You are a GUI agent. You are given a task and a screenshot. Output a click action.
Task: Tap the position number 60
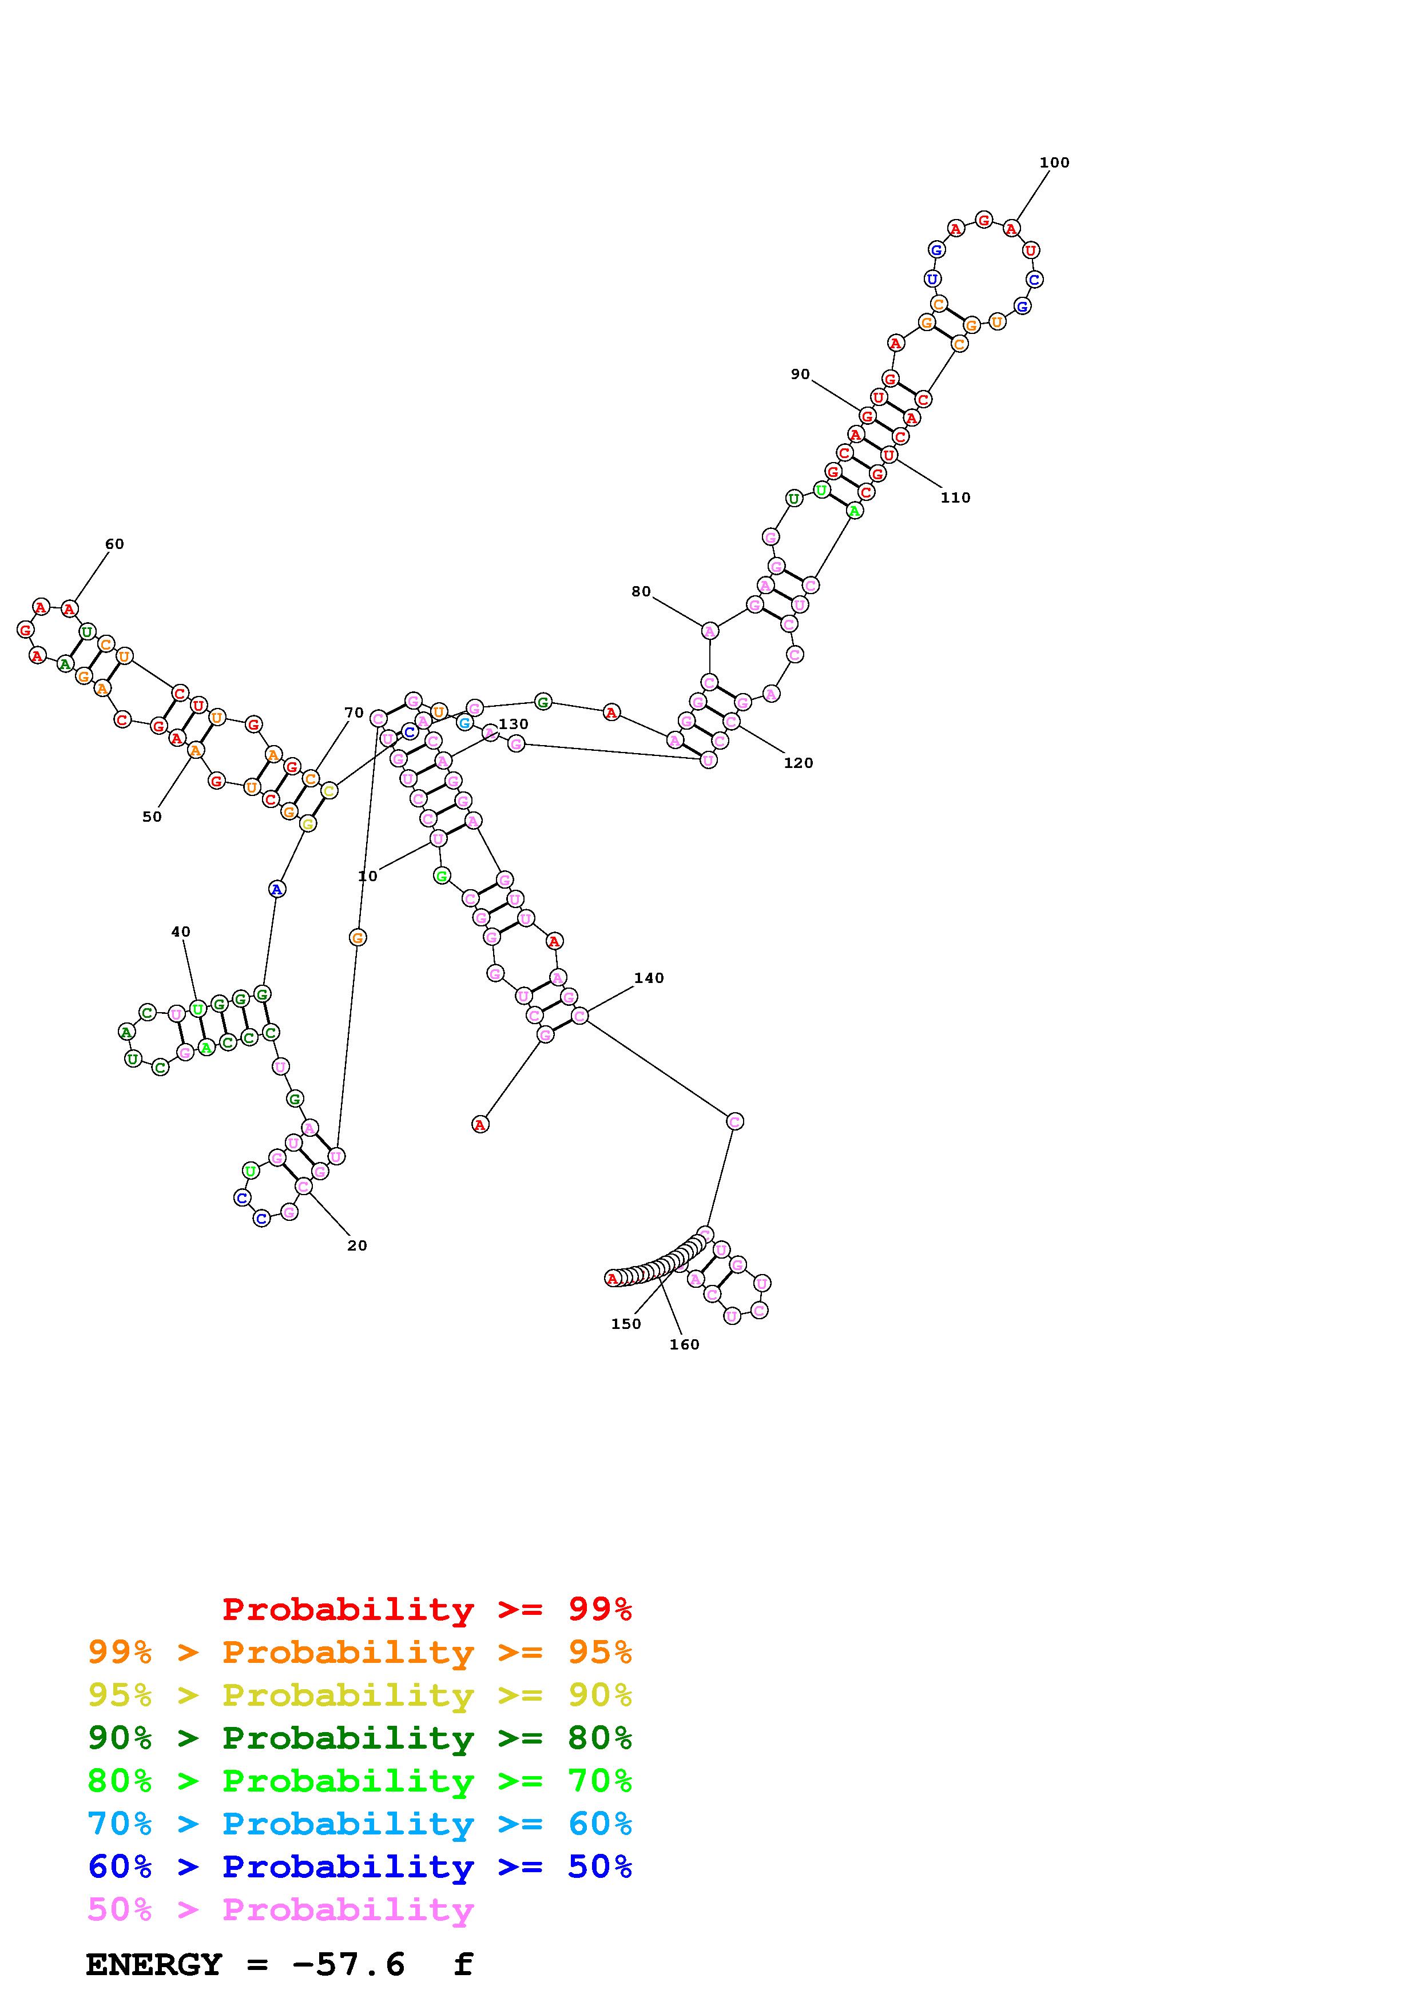(114, 544)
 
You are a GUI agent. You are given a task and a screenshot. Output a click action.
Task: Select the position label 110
(955, 498)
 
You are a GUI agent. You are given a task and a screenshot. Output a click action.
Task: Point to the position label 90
(800, 375)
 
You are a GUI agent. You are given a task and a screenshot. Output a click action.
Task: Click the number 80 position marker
(641, 592)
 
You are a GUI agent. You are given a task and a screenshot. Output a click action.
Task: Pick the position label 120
(798, 763)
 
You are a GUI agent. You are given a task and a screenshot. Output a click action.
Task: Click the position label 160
(684, 1344)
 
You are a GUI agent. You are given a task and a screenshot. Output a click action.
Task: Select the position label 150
(626, 1324)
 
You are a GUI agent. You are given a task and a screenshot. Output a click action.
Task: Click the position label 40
(180, 932)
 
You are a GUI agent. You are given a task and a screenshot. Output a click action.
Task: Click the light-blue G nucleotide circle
(464, 723)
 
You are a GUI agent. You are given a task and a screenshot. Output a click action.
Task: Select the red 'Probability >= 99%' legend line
(426, 1609)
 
